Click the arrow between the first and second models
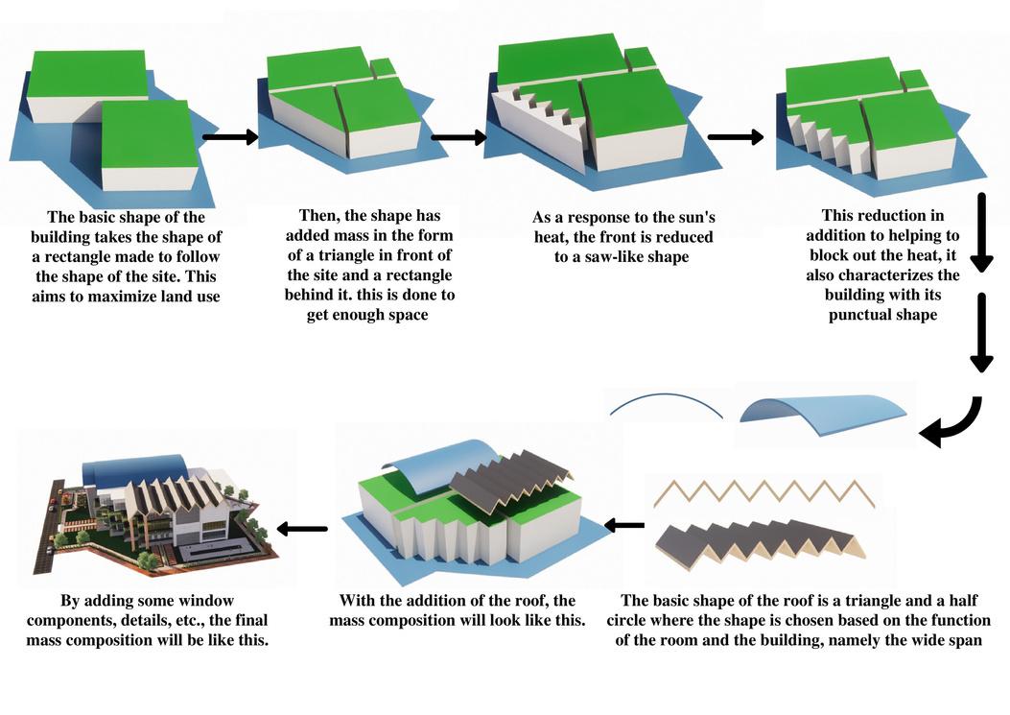click(x=231, y=137)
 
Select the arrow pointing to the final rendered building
click(x=303, y=528)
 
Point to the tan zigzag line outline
click(x=763, y=495)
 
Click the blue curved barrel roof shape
click(x=822, y=411)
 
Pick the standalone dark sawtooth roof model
click(x=758, y=542)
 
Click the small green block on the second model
click(x=383, y=67)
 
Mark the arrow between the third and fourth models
click(x=735, y=137)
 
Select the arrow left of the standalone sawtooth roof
click(x=624, y=525)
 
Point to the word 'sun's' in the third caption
click(x=692, y=217)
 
